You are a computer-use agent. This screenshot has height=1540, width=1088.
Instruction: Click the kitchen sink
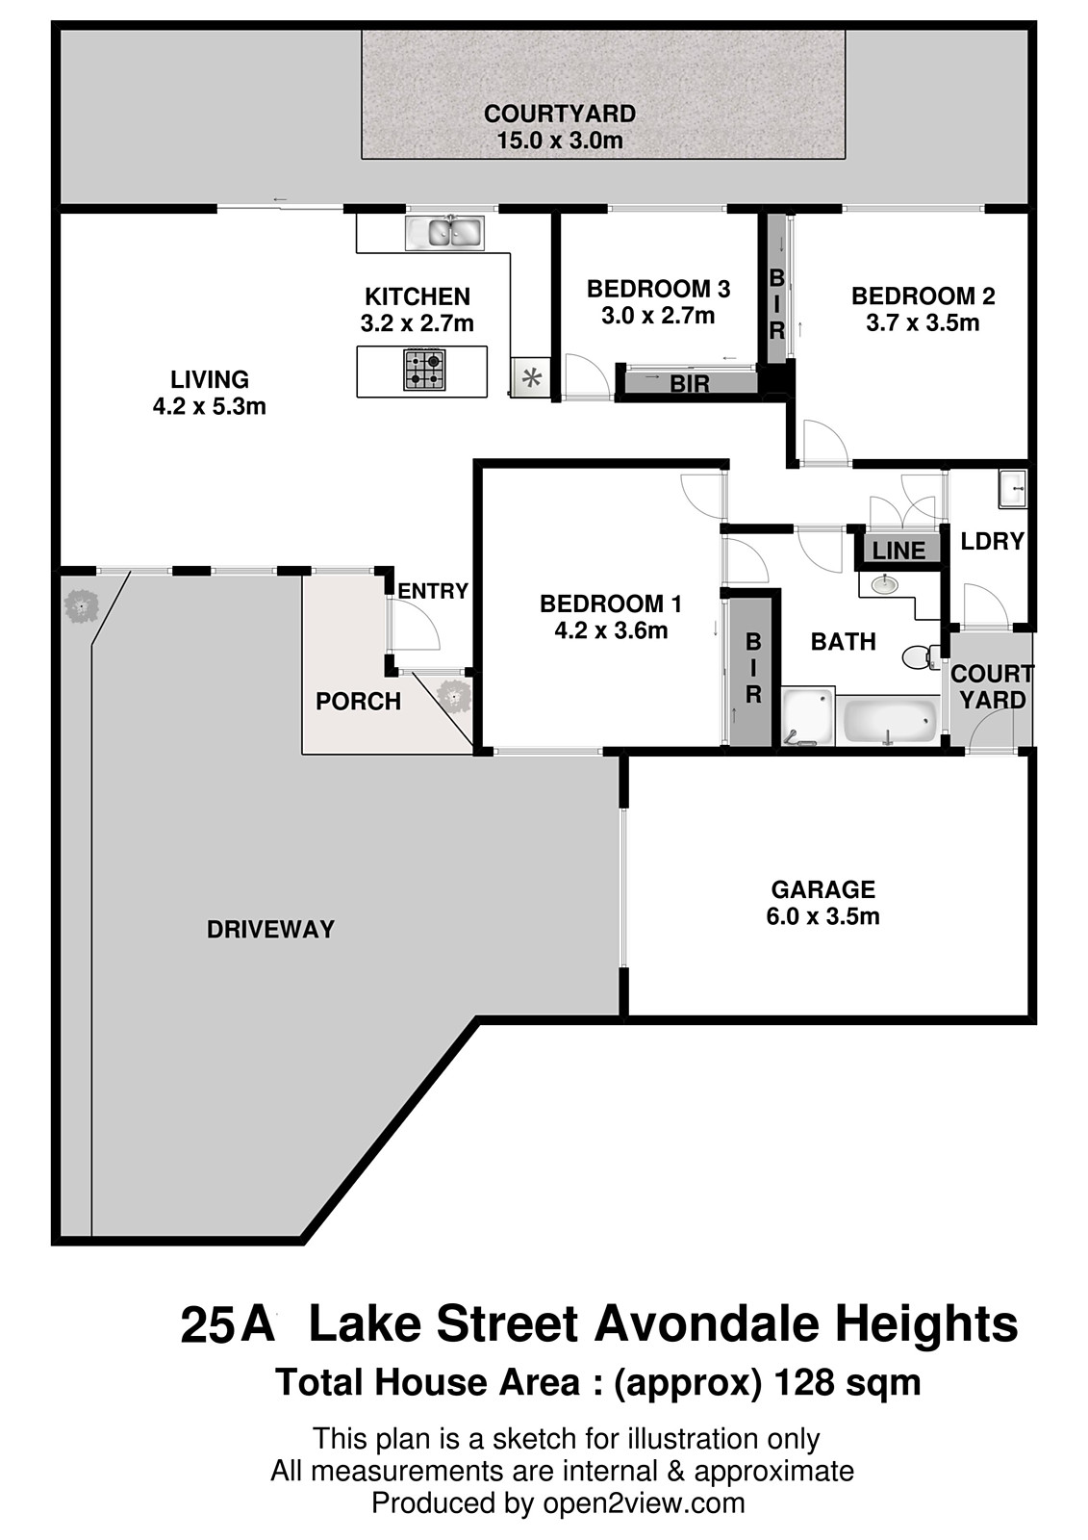[443, 231]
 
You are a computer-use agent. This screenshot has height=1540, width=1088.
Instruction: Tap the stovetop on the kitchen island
[423, 371]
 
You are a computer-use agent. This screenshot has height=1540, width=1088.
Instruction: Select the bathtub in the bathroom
[889, 720]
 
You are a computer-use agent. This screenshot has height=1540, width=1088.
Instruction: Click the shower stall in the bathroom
[805, 717]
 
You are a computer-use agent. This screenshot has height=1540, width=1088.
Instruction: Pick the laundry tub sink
[1012, 489]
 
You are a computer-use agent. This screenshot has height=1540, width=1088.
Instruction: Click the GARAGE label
[822, 889]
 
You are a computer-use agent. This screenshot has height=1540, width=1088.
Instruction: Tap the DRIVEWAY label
[270, 929]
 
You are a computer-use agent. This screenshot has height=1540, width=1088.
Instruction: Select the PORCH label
[358, 702]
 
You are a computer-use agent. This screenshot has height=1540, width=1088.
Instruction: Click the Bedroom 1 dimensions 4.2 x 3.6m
[611, 630]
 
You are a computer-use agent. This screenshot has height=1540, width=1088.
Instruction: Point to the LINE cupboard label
[898, 551]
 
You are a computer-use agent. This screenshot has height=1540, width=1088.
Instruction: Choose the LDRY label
[992, 541]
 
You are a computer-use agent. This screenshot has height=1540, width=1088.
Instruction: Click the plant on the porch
[452, 694]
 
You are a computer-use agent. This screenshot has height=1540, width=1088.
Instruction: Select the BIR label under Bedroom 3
[689, 384]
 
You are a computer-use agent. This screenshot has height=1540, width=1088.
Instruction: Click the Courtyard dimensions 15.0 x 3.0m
[559, 141]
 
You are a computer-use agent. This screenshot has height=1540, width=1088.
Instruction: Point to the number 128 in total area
[805, 1382]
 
